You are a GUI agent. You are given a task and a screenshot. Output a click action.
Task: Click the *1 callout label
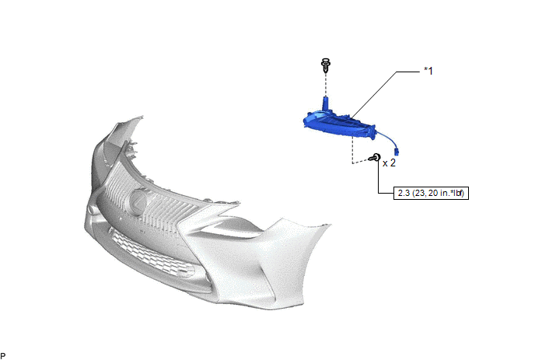pos(428,71)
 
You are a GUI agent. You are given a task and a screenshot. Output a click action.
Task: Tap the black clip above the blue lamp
pos(326,65)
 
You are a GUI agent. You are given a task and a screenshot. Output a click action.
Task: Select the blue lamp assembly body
pos(340,124)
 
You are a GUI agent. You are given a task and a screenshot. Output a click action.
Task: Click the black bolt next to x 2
pos(375,158)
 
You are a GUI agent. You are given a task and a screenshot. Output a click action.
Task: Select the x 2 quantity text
pos(389,163)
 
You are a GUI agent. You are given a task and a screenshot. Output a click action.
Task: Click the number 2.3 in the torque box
pos(404,193)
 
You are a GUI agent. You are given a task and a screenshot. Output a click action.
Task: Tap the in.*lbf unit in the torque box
pos(453,193)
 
